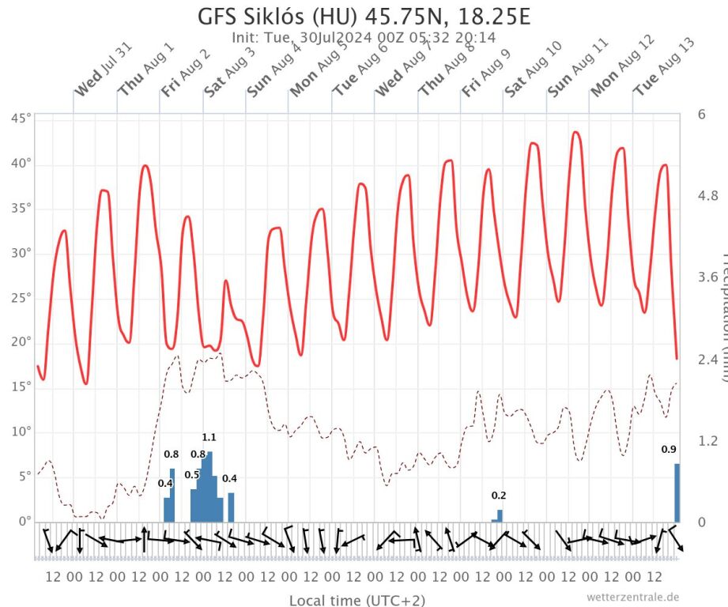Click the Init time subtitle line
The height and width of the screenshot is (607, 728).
364,37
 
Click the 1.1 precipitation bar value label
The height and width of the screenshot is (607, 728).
209,437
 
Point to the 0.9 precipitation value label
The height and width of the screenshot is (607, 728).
669,450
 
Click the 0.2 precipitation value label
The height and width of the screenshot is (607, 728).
499,496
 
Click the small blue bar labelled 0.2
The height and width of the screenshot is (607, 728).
500,515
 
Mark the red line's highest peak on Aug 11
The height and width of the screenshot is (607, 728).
575,132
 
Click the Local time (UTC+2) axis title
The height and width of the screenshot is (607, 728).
351,600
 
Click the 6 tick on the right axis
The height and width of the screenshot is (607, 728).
702,113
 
